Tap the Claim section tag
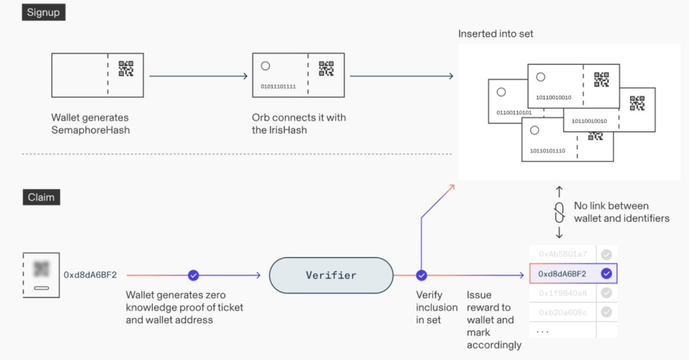41,198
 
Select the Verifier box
331,276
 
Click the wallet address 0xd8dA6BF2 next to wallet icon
90,275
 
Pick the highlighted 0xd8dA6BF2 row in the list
563,274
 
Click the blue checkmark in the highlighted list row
606,274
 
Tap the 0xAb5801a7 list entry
563,254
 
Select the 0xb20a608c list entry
563,312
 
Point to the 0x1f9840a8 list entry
563,293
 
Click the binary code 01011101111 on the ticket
278,87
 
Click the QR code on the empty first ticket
126,69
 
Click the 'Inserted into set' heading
496,34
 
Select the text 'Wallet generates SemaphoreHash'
91,124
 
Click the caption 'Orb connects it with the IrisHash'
299,124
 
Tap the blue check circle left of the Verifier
193,276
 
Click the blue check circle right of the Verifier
421,276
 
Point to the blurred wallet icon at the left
41,274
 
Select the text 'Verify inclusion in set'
436,307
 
